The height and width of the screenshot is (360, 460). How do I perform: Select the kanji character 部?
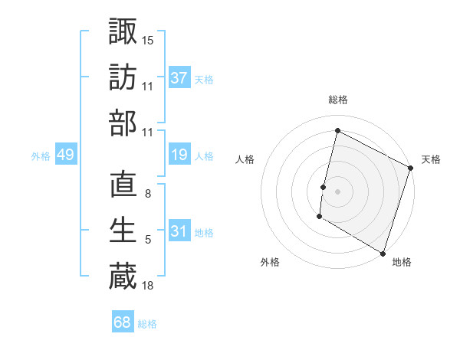123,123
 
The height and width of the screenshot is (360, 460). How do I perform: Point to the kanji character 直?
123,185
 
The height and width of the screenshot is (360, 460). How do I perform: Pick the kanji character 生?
123,231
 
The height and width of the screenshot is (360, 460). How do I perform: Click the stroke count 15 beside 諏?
148,40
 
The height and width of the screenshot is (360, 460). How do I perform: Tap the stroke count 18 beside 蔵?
148,286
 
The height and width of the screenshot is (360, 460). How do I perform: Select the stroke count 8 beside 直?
148,195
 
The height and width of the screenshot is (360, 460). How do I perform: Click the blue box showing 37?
179,78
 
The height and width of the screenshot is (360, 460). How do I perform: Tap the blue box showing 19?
179,155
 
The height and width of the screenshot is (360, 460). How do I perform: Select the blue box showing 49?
65,155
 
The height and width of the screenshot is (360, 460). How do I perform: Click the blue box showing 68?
123,322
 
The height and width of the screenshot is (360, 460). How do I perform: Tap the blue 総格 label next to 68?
147,324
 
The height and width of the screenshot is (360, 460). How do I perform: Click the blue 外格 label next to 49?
41,156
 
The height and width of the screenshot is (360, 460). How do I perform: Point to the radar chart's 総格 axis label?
338,100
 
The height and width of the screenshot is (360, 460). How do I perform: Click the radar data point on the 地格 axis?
382,252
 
